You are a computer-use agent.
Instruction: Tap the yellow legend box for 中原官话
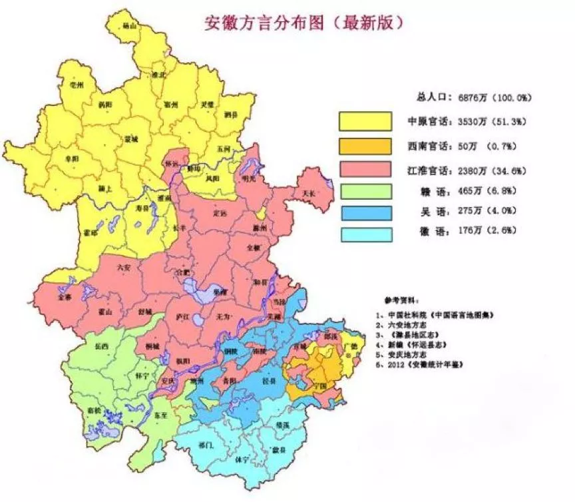pyautogui.click(x=365, y=121)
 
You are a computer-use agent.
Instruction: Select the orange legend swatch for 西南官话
pyautogui.click(x=365, y=144)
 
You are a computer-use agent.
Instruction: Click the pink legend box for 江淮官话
pyautogui.click(x=365, y=168)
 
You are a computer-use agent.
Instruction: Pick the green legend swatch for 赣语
pyautogui.click(x=365, y=191)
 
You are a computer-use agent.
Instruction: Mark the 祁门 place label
pyautogui.click(x=196, y=445)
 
